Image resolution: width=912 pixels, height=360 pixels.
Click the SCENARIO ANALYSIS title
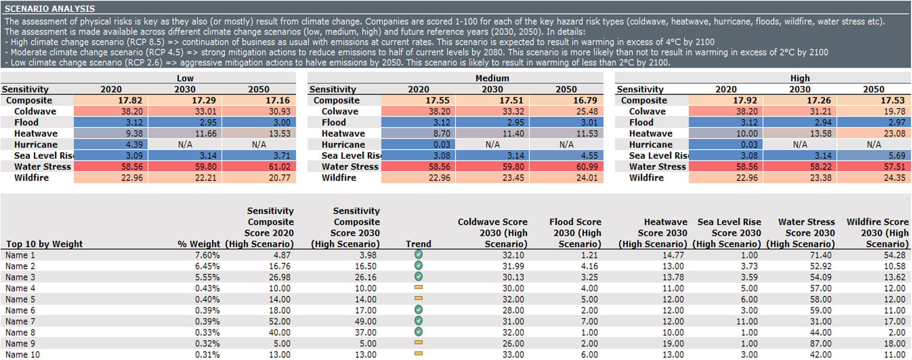49,9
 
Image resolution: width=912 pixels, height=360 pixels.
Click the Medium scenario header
492,78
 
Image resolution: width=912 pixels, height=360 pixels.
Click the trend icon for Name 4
418,288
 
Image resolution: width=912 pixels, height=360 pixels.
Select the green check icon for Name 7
418,321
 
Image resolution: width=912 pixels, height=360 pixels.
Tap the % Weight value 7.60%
207,255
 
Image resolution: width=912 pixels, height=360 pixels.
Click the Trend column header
418,244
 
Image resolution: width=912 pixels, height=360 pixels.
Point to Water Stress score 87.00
820,343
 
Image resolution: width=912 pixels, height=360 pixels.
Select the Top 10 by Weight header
44,244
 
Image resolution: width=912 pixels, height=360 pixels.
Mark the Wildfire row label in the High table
646,178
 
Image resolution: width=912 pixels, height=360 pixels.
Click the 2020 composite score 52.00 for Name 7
279,322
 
